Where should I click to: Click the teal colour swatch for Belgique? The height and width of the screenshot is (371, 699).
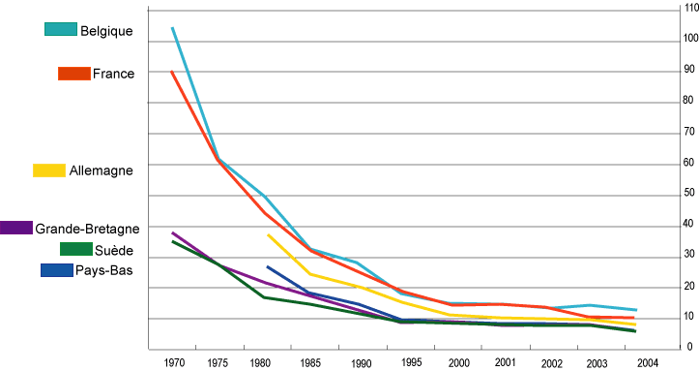[x=60, y=29]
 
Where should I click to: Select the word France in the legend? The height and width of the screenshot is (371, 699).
[x=114, y=74]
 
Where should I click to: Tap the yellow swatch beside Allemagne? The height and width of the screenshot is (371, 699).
[x=48, y=170]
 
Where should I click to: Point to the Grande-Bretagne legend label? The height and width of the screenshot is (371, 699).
[x=87, y=229]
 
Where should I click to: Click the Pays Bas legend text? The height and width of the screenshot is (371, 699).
[x=103, y=270]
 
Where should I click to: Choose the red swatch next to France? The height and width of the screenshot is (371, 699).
[x=73, y=74]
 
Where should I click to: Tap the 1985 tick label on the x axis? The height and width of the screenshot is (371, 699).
[x=309, y=362]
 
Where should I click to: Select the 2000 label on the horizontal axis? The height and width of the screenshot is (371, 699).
[x=458, y=362]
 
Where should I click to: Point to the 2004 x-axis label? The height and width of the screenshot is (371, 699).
[x=648, y=362]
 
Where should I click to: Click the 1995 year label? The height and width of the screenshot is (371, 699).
[x=409, y=361]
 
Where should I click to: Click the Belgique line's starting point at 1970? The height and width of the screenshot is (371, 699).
[x=172, y=28]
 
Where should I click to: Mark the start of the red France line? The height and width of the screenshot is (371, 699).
[x=172, y=71]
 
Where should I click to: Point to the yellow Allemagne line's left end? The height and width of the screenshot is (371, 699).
[x=268, y=234]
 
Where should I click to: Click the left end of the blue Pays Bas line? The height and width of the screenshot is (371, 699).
[x=267, y=265]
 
